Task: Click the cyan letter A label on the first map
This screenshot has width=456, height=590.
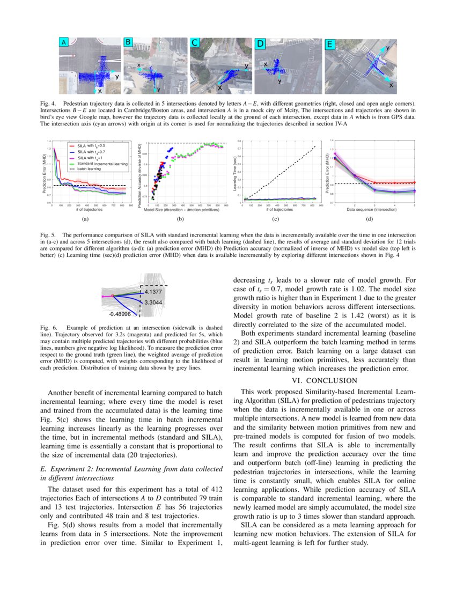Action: [64, 42]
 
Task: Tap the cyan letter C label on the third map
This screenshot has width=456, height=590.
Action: [195, 43]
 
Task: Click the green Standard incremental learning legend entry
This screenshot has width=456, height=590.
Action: [97, 163]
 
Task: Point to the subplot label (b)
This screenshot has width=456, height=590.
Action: [181, 219]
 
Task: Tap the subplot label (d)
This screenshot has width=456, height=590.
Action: [369, 219]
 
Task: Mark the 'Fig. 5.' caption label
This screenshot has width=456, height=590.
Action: [48, 235]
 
